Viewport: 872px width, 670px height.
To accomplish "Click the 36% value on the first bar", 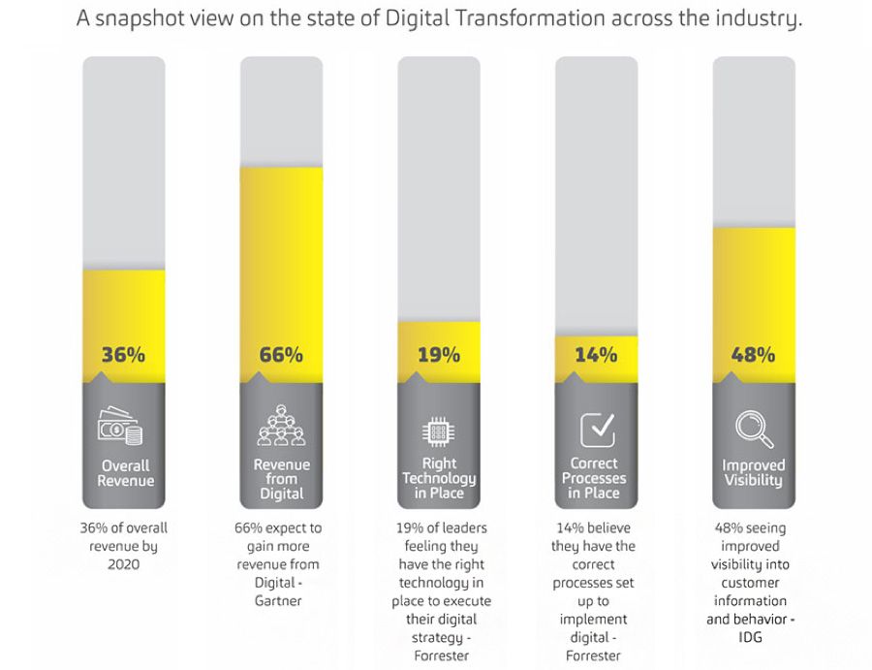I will [123, 355].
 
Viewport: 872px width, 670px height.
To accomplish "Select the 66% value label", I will [281, 355].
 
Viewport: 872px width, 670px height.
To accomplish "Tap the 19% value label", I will [439, 355].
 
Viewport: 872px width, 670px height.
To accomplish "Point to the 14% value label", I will [596, 355].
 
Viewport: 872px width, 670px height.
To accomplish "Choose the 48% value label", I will [754, 355].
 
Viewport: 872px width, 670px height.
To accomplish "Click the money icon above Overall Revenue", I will [122, 427].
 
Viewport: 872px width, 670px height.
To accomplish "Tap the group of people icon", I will [281, 424].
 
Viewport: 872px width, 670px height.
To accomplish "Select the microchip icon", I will [438, 431].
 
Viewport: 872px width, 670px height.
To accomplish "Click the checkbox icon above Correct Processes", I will [596, 429].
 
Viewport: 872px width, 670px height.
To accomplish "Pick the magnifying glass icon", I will [753, 429].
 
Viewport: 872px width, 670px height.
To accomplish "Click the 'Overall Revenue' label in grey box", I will [124, 473].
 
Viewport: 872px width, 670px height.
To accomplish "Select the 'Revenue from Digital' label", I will [281, 479].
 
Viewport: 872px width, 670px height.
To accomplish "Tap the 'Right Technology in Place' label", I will [439, 478].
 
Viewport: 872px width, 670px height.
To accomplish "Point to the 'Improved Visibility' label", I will [754, 473].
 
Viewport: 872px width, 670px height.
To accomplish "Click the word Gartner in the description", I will [281, 600].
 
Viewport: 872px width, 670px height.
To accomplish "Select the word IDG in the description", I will [753, 637].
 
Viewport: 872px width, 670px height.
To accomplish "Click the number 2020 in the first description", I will [123, 564].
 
